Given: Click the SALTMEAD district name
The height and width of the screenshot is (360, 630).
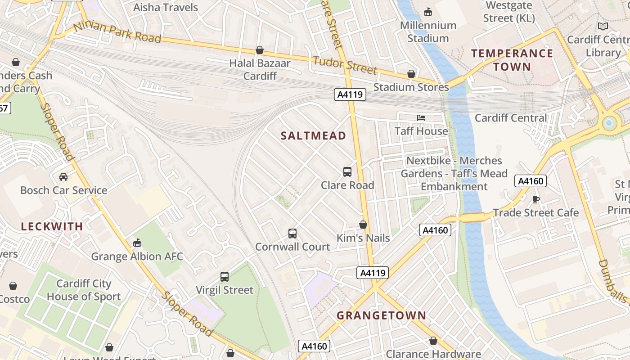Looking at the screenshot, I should pyautogui.click(x=313, y=135).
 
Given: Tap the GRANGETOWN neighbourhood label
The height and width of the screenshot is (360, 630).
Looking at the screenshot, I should pyautogui.click(x=381, y=315).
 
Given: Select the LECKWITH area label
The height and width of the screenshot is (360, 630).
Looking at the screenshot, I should pyautogui.click(x=52, y=226).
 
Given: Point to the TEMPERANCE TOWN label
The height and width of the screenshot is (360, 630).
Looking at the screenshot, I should pyautogui.click(x=512, y=60).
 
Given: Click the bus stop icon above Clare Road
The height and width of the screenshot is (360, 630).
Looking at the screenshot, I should pyautogui.click(x=347, y=171).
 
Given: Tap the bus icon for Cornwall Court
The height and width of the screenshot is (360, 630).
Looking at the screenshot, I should pyautogui.click(x=292, y=234).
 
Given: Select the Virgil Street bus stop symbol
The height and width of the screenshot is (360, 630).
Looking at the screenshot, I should pyautogui.click(x=225, y=277).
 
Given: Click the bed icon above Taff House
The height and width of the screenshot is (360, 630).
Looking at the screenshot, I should pyautogui.click(x=421, y=118).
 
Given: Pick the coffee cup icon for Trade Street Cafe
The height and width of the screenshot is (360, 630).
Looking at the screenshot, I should pyautogui.click(x=535, y=199).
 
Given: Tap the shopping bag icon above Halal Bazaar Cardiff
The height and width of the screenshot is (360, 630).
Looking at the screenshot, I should pyautogui.click(x=260, y=50).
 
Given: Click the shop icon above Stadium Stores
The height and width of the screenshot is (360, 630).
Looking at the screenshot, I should pyautogui.click(x=411, y=74).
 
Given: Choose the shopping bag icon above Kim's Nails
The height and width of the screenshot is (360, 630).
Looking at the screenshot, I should pyautogui.click(x=363, y=225).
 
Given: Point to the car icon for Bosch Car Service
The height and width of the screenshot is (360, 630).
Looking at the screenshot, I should pyautogui.click(x=63, y=177).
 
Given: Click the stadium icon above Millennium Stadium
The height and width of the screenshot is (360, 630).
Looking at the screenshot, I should pyautogui.click(x=428, y=12).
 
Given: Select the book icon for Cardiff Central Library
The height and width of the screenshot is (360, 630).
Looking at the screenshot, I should pyautogui.click(x=603, y=27).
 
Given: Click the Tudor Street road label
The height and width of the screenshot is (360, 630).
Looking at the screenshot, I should pyautogui.click(x=345, y=65).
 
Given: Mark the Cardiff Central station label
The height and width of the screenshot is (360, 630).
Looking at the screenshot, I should pyautogui.click(x=511, y=118).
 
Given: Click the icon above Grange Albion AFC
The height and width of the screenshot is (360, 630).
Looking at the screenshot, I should pyautogui.click(x=137, y=243).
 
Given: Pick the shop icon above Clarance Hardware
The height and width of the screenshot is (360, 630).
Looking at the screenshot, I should pyautogui.click(x=433, y=341).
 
